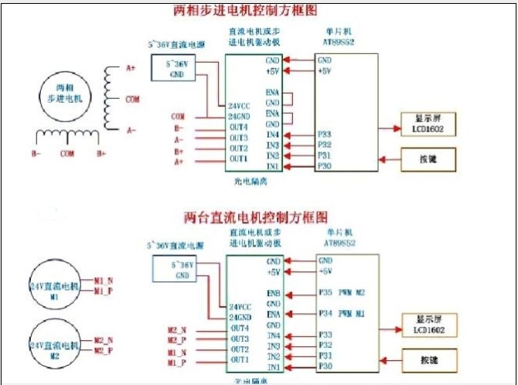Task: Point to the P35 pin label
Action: point(325,294)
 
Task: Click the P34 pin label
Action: point(325,314)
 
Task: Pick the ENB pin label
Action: point(272,294)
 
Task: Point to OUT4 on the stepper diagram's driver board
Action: point(238,127)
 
